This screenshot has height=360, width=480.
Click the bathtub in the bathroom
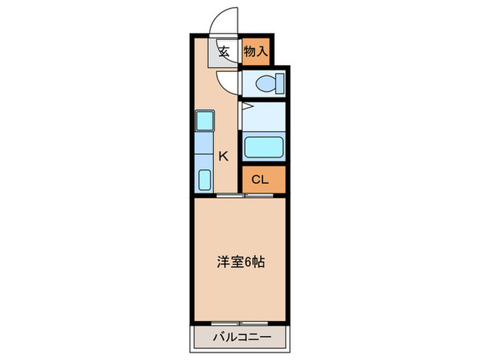pos(263,147)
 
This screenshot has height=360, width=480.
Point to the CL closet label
pos(261,180)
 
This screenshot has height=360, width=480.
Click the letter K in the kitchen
pos(223,156)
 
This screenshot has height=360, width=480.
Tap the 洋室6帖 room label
pos(240,261)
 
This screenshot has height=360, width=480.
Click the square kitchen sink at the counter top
pos(205,121)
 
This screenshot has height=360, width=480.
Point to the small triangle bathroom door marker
pos(245,107)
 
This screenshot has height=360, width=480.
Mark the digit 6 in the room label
pos(252,261)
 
